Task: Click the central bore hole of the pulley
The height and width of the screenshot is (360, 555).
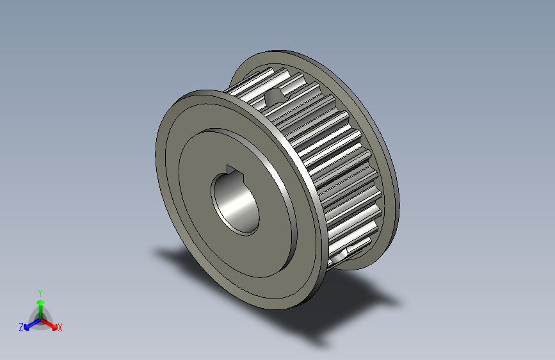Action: pos(236,200)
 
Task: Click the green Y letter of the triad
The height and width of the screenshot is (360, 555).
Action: pos(40,291)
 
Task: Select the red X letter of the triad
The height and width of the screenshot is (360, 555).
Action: pos(60,328)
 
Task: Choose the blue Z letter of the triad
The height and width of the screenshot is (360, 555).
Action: pos(21,327)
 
